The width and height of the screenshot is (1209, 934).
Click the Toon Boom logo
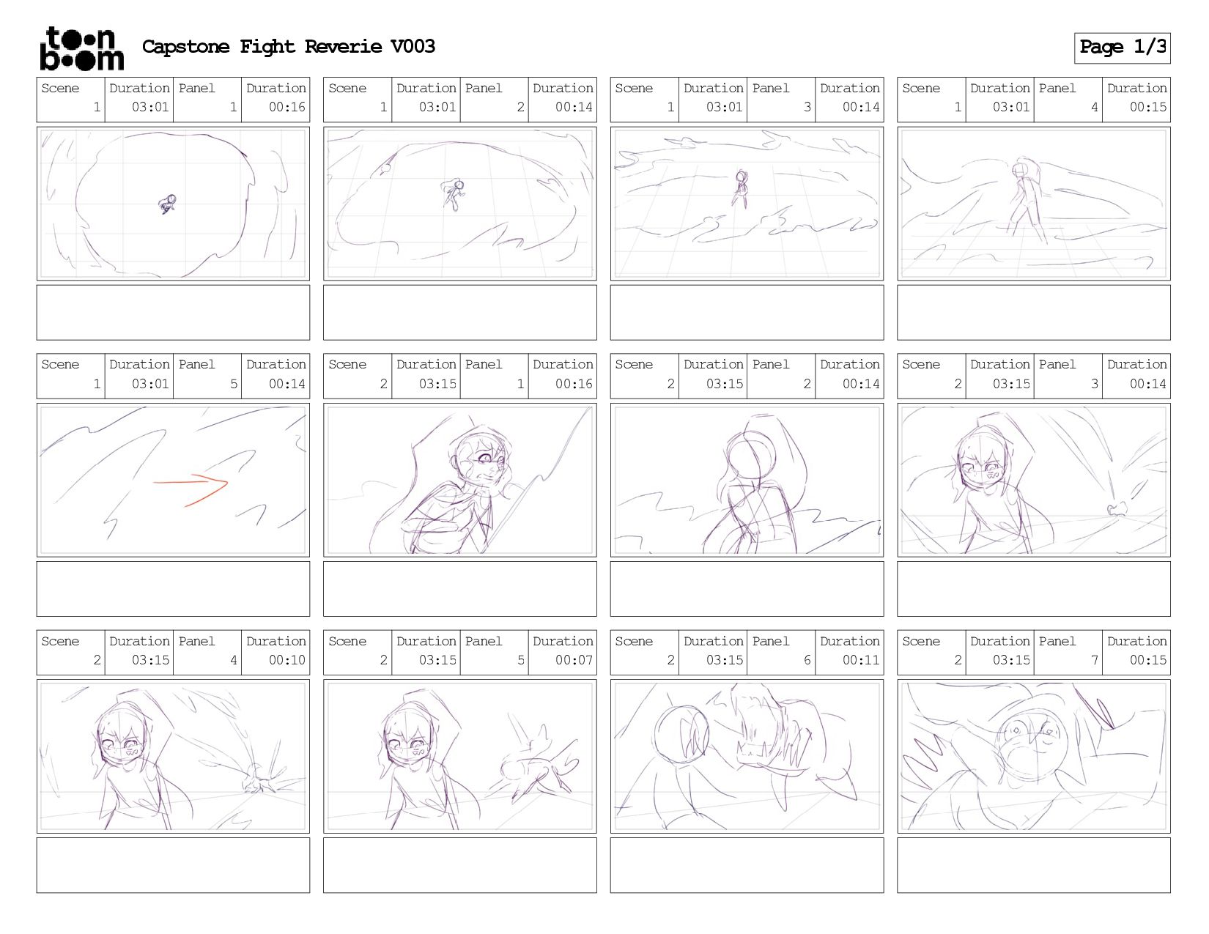tap(82, 48)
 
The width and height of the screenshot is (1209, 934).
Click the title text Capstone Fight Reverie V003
tap(288, 46)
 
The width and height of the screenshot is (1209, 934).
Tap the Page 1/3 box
tap(1122, 48)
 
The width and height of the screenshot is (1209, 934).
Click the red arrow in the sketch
tap(191, 491)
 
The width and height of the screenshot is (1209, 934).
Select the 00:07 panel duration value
tap(574, 660)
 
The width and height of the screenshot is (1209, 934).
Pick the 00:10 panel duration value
tap(286, 660)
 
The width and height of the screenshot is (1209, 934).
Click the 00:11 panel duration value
tap(860, 660)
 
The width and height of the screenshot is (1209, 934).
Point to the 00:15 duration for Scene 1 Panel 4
tap(1147, 107)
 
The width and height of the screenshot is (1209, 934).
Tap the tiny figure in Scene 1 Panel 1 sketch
tap(167, 204)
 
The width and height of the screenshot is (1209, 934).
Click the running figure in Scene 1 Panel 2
tap(454, 193)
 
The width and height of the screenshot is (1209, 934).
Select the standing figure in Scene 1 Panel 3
tap(741, 189)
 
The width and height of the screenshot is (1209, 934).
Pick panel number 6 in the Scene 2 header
tap(807, 660)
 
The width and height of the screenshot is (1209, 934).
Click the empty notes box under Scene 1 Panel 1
tap(173, 313)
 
